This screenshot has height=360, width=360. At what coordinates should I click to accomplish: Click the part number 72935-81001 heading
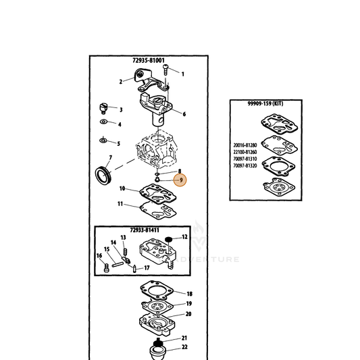coord(149,60)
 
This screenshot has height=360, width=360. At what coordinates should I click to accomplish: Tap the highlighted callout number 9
coord(180,180)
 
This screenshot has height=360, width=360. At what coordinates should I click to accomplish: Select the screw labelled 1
coord(165,70)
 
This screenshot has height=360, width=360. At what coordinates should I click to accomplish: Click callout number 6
coord(184,114)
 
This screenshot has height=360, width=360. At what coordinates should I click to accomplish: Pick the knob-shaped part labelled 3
coord(103,109)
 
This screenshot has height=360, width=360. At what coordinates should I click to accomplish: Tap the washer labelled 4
coord(104,122)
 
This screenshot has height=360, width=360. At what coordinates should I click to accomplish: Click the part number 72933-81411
coord(145,230)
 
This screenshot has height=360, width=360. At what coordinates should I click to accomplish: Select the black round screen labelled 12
coord(169,240)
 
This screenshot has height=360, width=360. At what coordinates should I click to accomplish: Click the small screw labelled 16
coord(107,268)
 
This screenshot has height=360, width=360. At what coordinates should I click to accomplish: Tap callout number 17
coord(147,267)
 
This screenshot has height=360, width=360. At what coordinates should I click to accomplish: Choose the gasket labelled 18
coord(157,290)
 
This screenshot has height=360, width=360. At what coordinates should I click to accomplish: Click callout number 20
coord(188,314)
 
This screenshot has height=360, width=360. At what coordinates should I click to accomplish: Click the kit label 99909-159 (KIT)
coord(265,103)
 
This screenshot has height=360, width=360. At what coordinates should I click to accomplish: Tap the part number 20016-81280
coord(245,145)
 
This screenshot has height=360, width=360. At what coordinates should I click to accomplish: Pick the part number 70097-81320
coord(245,165)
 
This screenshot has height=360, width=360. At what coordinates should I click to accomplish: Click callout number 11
coord(120,204)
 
